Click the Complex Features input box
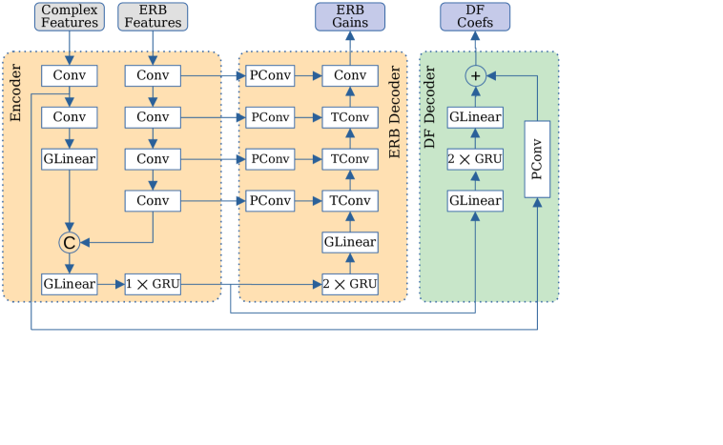coord(70,16)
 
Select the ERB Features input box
coord(153,16)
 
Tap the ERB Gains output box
coord(350,16)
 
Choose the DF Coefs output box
coord(475,16)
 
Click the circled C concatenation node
coord(70,243)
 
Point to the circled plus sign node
coord(475,74)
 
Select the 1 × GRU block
coord(153,284)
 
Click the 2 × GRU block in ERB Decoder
coord(350,284)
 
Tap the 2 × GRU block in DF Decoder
coord(475,158)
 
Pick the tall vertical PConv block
coord(538,158)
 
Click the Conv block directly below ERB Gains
coord(350,74)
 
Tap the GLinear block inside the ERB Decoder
coord(350,242)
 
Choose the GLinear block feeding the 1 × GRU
coord(70,284)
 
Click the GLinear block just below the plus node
coord(475,116)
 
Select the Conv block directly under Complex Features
coord(70,74)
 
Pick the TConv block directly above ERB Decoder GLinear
coord(350,200)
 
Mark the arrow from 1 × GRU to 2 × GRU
coord(248,284)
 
